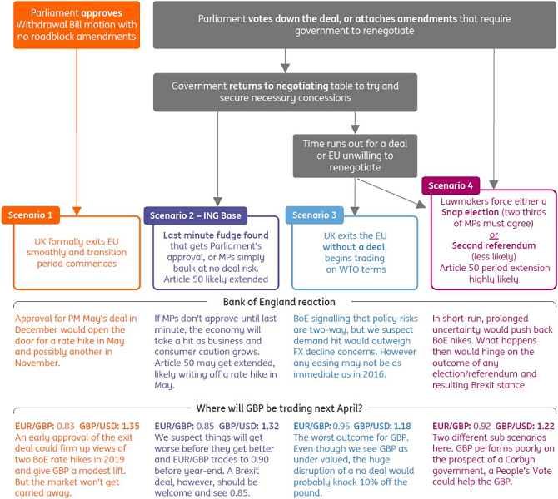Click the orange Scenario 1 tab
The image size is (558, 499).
[x=31, y=215]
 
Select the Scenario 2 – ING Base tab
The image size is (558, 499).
[x=196, y=215]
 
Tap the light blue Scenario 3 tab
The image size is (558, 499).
[x=315, y=215]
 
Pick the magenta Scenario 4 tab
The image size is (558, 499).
[x=451, y=185]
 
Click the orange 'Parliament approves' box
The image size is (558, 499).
[x=77, y=25]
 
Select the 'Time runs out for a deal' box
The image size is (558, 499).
[x=355, y=156]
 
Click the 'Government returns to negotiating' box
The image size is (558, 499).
[x=285, y=92]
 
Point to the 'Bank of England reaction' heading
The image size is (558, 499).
[x=279, y=302]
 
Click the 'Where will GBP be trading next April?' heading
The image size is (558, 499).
[x=279, y=408]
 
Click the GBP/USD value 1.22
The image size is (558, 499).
[x=546, y=426]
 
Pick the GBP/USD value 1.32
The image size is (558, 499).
[x=270, y=426]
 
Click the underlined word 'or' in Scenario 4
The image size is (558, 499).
[x=494, y=235]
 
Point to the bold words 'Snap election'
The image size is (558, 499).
[x=470, y=212]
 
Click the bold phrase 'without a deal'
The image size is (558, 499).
[x=355, y=247]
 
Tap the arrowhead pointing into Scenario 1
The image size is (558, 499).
[x=77, y=211]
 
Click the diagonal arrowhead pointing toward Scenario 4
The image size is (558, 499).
[x=421, y=204]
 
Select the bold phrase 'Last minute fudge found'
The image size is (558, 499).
[x=216, y=235]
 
